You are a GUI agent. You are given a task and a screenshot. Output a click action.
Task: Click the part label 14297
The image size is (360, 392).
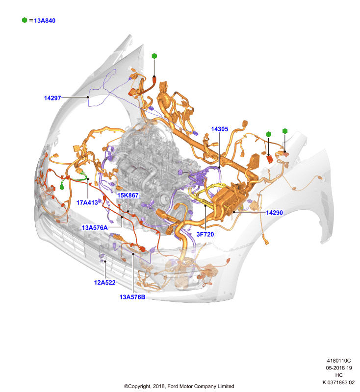coord(52,98)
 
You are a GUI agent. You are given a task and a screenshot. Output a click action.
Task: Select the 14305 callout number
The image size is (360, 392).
coord(219,129)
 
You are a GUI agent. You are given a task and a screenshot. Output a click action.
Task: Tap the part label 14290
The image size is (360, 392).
coord(274,213)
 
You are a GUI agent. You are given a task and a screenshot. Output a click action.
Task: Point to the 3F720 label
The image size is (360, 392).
coord(205,234)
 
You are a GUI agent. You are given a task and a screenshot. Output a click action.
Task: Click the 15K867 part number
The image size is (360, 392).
coord(128,195)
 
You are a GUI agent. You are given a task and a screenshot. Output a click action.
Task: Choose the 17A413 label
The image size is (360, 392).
coord(87,202)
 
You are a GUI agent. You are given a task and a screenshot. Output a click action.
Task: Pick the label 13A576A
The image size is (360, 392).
coord(95,227)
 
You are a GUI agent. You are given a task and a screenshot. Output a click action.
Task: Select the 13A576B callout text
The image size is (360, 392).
coord(132,297)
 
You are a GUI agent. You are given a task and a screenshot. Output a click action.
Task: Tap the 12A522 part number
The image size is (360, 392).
coord(104,283)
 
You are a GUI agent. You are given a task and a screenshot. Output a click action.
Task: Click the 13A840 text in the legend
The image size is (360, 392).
coord(45,21)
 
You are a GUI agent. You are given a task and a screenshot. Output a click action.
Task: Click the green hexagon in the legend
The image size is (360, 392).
coord(25,20)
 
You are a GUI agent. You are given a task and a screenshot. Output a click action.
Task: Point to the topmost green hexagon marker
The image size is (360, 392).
coord(154,56)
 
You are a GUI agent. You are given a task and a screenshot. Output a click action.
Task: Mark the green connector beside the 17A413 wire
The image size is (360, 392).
coord(62,187)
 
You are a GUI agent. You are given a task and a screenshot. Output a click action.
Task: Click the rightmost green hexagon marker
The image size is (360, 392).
coord(284,131)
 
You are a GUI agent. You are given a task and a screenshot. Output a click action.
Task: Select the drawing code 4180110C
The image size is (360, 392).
coord(339,361)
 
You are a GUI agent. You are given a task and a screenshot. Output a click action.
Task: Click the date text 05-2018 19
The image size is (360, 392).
coord(339,368)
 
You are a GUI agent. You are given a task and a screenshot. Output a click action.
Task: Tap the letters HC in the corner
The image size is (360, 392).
coord(339,375)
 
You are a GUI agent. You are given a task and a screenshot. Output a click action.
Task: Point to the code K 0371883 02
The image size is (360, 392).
coord(338,383)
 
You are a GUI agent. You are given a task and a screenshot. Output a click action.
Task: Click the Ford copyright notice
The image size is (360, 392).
coord(179,386)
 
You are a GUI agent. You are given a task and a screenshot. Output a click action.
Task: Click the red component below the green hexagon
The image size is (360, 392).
coord(269,159)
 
